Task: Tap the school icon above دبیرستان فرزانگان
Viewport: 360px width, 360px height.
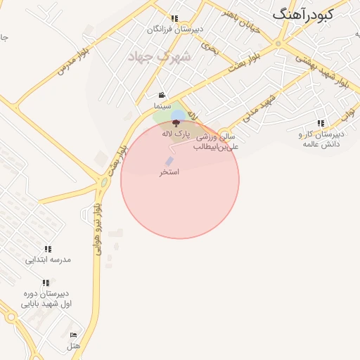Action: click(174, 19)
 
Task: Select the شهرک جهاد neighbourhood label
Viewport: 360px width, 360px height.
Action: click(154, 56)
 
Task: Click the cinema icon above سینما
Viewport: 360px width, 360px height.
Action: click(162, 96)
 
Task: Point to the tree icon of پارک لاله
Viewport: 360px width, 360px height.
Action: click(176, 122)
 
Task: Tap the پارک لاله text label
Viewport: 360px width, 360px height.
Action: click(176, 132)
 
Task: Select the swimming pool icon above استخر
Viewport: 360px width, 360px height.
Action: click(169, 162)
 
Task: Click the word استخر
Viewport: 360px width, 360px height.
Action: click(169, 172)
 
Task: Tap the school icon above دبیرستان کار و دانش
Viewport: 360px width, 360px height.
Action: click(321, 123)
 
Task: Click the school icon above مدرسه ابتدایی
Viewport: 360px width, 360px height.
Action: click(48, 249)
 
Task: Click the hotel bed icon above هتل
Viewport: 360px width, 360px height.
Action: click(74, 335)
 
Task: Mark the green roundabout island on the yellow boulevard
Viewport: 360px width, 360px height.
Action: click(104, 183)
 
